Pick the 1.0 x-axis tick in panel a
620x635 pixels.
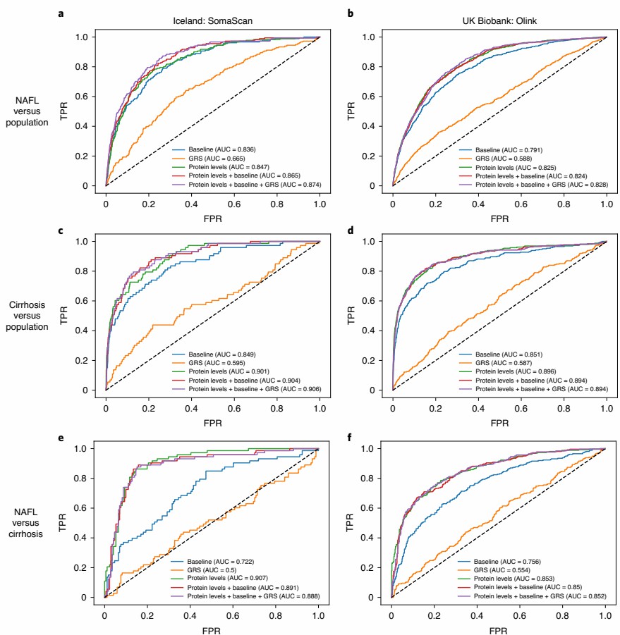[320, 202]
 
